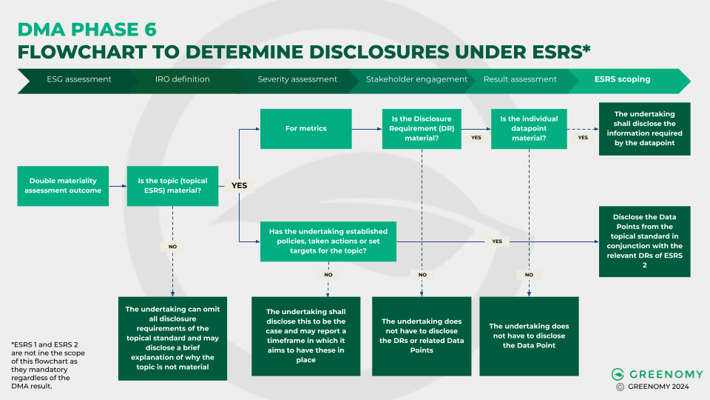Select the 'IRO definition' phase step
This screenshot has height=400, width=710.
pyautogui.click(x=182, y=79)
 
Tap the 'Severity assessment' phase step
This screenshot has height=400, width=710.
pyautogui.click(x=297, y=79)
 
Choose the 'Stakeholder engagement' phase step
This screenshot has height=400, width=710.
pyautogui.click(x=416, y=79)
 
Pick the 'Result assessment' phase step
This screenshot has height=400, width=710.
pyautogui.click(x=520, y=79)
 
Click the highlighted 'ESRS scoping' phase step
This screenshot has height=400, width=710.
pyautogui.click(x=622, y=79)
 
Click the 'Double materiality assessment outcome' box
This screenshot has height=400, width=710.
pyautogui.click(x=63, y=185)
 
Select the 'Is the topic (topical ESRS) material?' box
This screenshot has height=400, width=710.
pyautogui.click(x=172, y=185)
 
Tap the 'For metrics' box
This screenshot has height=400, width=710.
pyautogui.click(x=306, y=128)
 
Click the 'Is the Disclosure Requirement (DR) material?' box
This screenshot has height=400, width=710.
pyautogui.click(x=421, y=128)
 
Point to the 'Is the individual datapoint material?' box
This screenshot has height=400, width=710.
pyautogui.click(x=530, y=128)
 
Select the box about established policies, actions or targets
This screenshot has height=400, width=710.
pyautogui.click(x=328, y=241)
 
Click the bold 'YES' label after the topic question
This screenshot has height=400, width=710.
pyautogui.click(x=239, y=185)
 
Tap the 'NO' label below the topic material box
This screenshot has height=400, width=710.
pyautogui.click(x=172, y=246)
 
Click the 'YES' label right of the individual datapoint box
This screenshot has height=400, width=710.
pyautogui.click(x=583, y=137)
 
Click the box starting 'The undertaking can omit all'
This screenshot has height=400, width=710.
pyautogui.click(x=172, y=339)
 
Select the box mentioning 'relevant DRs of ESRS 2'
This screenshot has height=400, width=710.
pyautogui.click(x=644, y=241)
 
